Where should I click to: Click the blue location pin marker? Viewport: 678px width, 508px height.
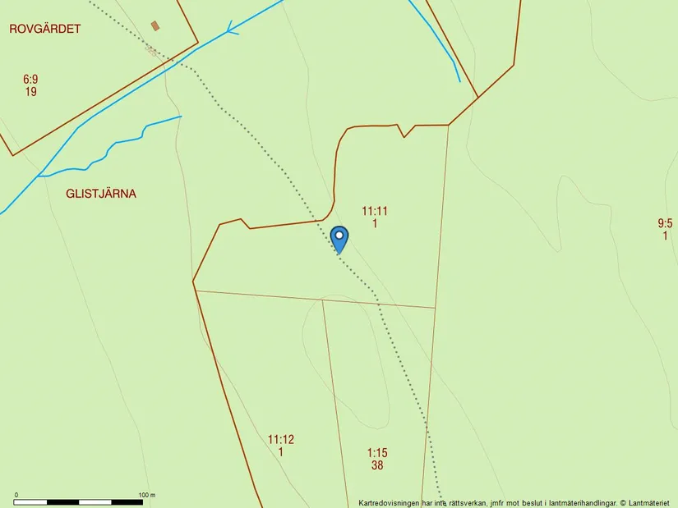339,239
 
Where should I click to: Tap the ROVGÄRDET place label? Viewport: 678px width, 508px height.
45,29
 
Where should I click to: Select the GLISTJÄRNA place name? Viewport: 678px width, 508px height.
102,195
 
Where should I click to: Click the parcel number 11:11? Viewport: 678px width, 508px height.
375,211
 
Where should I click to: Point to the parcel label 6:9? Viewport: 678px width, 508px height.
30,80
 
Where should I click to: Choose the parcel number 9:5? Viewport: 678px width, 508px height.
665,223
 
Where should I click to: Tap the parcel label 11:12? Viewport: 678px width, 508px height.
281,439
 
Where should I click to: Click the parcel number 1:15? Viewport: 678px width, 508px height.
377,452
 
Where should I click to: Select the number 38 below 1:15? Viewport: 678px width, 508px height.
377,465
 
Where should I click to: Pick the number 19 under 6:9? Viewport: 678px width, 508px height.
30,92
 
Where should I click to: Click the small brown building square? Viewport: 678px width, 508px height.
155,25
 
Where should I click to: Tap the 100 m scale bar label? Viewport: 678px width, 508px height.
147,495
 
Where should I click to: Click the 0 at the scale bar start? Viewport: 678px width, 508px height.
16,495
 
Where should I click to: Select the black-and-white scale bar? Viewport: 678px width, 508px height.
79,501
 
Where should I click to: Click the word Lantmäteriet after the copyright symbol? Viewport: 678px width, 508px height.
652,502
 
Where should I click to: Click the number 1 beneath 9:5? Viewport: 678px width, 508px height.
665,236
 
